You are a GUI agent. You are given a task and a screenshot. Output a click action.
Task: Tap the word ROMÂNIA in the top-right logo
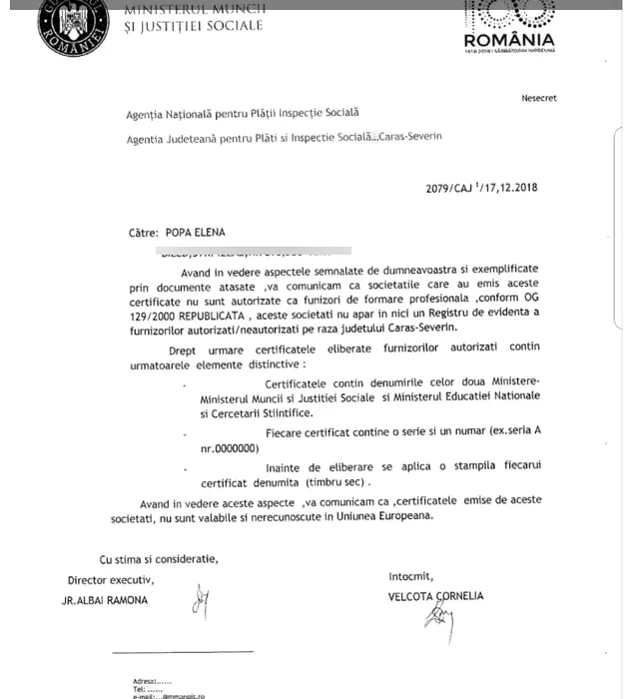pyautogui.click(x=509, y=42)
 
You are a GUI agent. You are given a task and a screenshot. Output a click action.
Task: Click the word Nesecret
pyautogui.click(x=538, y=98)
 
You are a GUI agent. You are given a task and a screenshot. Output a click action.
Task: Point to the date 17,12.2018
pyautogui.click(x=510, y=188)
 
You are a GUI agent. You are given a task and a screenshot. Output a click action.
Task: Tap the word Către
pyautogui.click(x=143, y=233)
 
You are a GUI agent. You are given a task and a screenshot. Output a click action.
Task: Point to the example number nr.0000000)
pyautogui.click(x=229, y=448)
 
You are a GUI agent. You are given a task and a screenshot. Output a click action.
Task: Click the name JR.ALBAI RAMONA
pyautogui.click(x=104, y=600)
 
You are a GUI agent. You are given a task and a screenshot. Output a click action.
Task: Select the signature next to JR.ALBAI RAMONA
pyautogui.click(x=200, y=601)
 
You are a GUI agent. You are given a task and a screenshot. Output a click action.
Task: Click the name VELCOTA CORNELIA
pyautogui.click(x=436, y=596)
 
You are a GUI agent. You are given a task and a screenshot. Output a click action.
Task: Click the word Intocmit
pyautogui.click(x=411, y=576)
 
